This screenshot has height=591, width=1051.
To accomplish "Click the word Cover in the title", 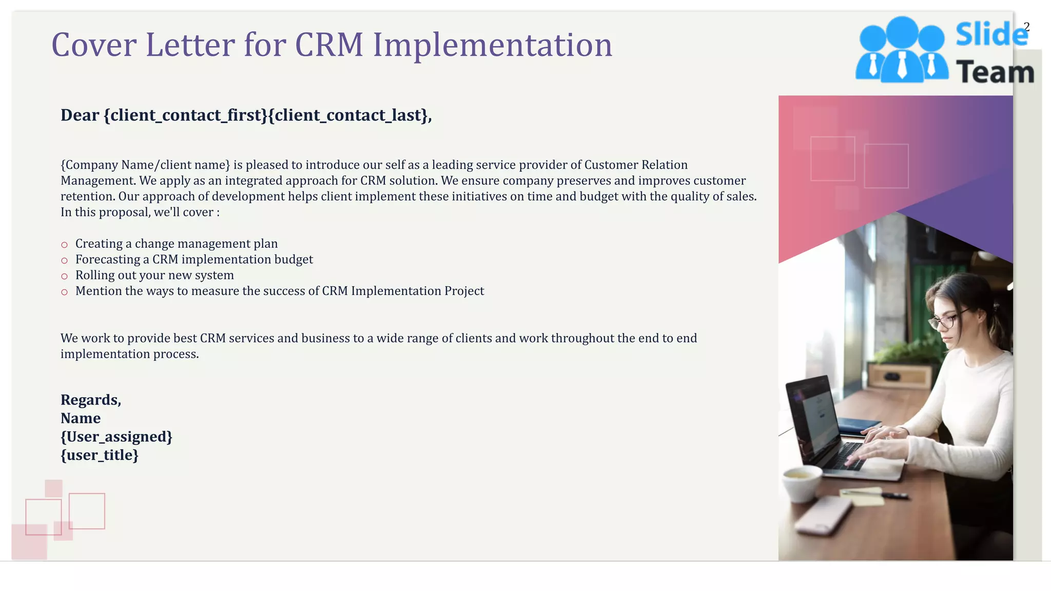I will pos(93,45).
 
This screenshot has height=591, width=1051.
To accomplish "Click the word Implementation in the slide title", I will pos(492,45).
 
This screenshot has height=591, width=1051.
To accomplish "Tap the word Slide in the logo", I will pos(990,35).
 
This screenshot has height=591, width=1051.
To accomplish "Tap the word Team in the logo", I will pos(995,72).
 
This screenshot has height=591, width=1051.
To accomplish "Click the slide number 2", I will pos(1026,27).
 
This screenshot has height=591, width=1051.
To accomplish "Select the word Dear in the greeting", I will pos(80,115).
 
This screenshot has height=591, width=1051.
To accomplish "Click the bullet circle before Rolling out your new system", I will pos(64,277).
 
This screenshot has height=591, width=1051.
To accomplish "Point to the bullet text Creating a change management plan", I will pos(176,244).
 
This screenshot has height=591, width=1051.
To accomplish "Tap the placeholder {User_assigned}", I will pos(116,437).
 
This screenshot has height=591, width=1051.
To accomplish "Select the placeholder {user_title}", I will pos(100,456).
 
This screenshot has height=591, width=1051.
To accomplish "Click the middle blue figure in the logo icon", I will pos(902,51).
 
